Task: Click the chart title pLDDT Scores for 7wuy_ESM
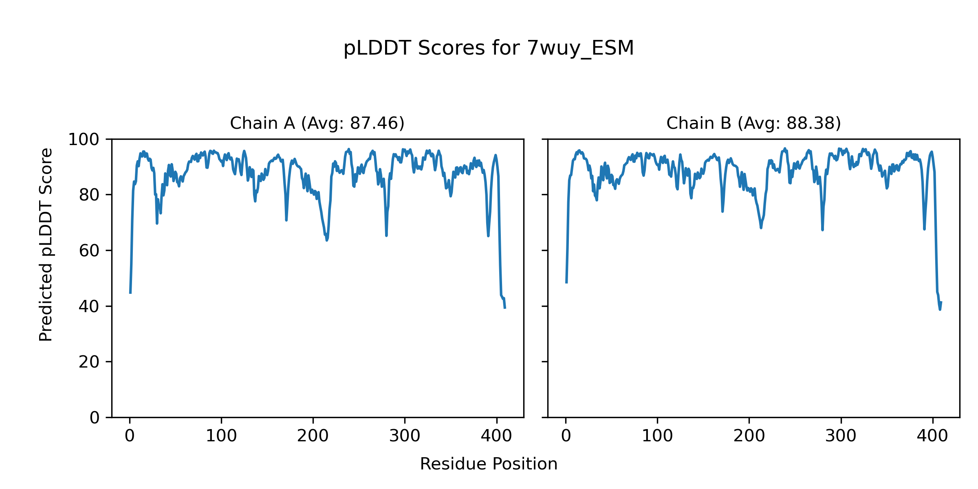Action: pos(489,48)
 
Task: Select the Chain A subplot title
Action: pos(317,123)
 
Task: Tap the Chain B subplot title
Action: pos(753,123)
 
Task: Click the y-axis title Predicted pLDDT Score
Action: pos(46,244)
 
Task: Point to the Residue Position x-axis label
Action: pos(489,464)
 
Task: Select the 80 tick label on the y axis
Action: pos(89,195)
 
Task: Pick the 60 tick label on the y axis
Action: pos(89,251)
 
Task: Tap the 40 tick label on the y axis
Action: pos(89,306)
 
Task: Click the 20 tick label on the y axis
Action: pos(89,362)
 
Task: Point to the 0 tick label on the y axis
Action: pos(95,418)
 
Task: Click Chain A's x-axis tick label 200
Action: pos(313,436)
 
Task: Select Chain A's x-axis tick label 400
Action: pos(496,436)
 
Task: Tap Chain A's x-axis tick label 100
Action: pos(221,436)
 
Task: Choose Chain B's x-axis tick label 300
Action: pos(841,436)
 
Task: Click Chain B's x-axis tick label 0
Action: pos(566,436)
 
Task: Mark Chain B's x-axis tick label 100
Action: pos(657,436)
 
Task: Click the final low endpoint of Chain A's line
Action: pos(505,308)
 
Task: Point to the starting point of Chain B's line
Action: pos(566,282)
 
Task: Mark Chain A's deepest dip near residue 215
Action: pos(327,240)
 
